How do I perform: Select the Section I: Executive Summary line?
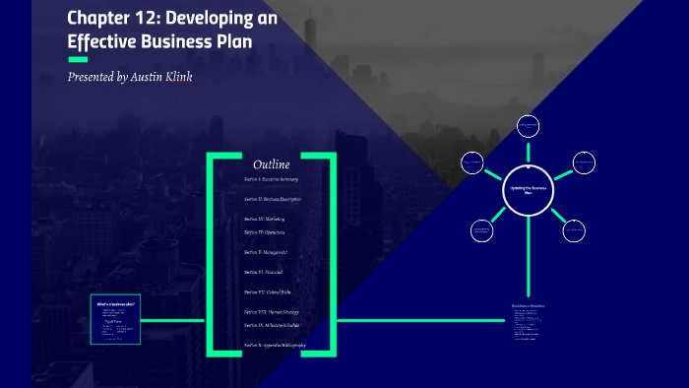coord(271,180)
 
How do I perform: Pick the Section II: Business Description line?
coord(273,199)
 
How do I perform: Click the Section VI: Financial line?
coord(263,272)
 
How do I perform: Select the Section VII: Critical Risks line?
coord(268,292)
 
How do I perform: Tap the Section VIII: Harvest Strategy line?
coord(271,312)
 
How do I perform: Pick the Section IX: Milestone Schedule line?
coord(272,325)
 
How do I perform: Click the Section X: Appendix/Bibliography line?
coord(275,346)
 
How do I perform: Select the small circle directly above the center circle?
coord(529,126)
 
